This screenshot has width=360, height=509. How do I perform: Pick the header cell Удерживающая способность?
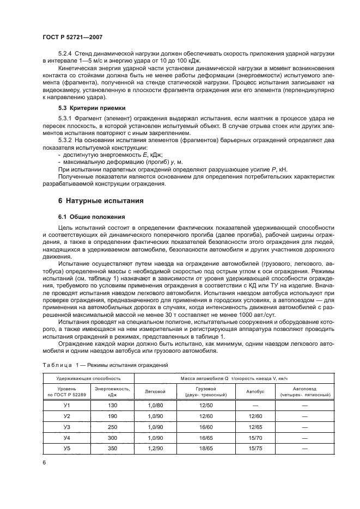tap(88, 378)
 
